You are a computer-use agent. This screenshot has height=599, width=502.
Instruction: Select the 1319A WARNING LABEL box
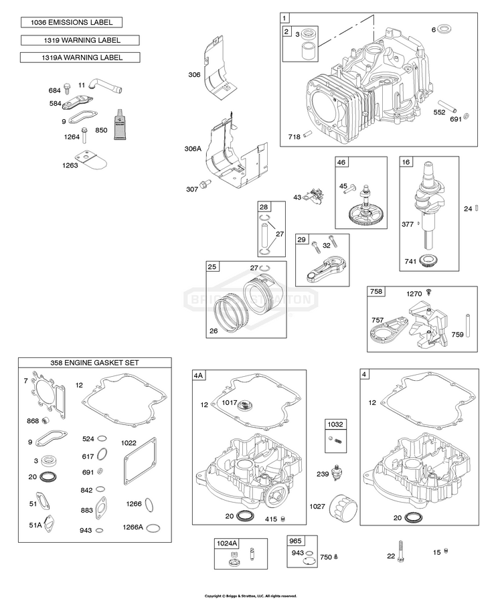pos(80,58)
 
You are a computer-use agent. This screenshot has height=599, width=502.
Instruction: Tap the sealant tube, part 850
pos(120,125)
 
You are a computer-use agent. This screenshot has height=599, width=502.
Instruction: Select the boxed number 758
pos(377,292)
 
